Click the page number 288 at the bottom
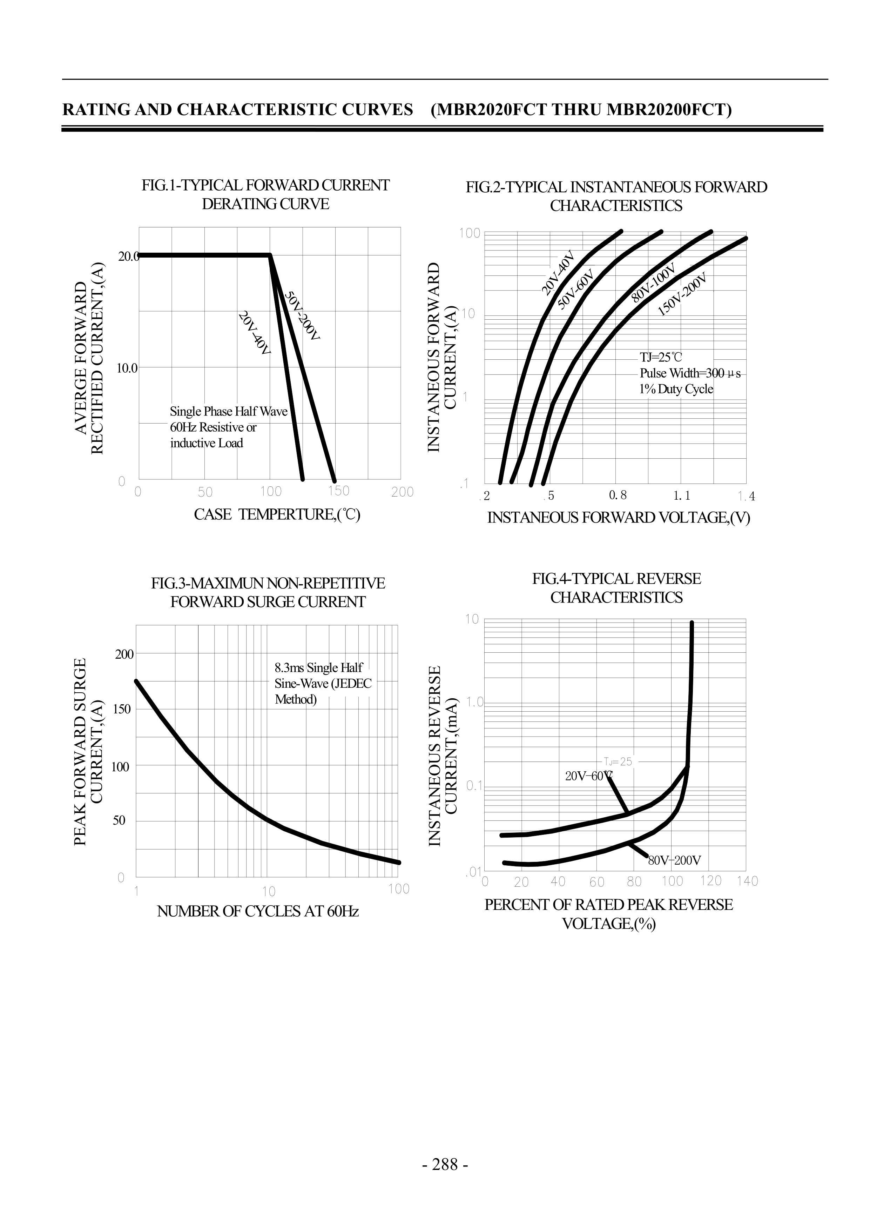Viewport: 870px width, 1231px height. point(445,1165)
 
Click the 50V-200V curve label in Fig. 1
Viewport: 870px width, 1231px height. point(302,316)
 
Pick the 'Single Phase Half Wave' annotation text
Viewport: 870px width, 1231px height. point(229,411)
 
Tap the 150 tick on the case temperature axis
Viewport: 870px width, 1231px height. point(339,491)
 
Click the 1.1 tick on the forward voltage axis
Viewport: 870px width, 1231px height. point(682,496)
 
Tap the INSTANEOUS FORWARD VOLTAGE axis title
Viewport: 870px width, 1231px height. point(619,518)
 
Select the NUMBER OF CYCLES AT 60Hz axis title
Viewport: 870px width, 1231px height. point(258,911)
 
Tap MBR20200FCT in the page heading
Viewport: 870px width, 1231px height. point(669,110)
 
